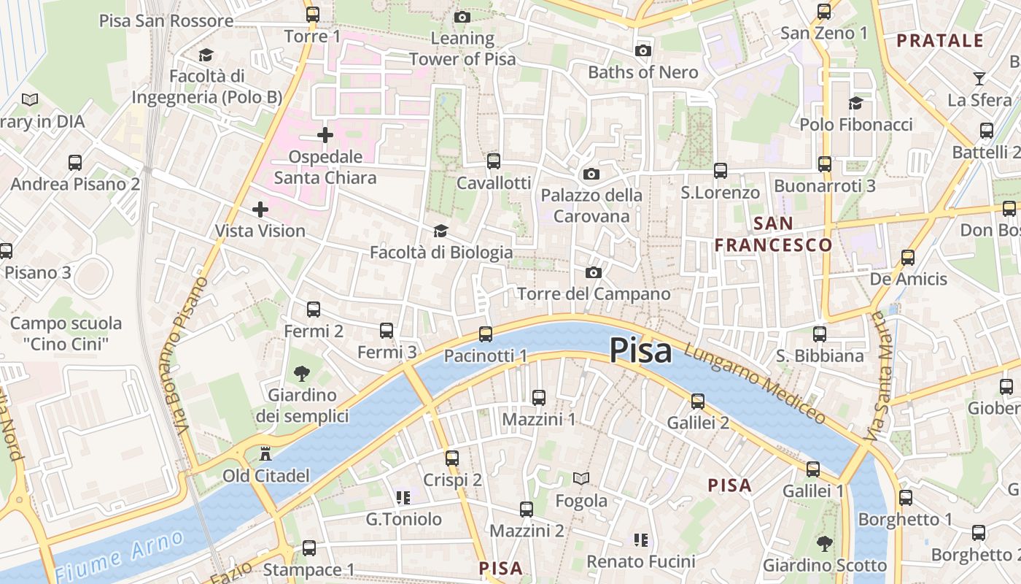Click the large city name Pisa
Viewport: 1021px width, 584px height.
(x=640, y=350)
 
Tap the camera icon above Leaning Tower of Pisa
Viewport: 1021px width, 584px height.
(x=462, y=17)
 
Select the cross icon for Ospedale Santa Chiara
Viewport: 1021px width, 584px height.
(x=325, y=135)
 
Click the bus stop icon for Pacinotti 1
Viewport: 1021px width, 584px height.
(x=486, y=334)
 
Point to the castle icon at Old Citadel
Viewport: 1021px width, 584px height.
(x=265, y=454)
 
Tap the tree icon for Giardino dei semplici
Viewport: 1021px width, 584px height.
(x=301, y=374)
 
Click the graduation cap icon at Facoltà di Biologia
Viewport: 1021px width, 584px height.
(x=440, y=231)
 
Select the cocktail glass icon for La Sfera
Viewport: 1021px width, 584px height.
(x=979, y=78)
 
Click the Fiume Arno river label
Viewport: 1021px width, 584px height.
(x=120, y=556)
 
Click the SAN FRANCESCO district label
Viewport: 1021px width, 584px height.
(x=773, y=234)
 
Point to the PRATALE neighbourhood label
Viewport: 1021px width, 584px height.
(x=940, y=41)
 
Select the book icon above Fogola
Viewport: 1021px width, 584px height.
(x=581, y=479)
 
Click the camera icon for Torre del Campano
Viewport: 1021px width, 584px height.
(x=594, y=272)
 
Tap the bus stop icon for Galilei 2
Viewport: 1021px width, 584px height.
(x=698, y=401)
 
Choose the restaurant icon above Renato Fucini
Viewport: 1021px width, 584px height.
(x=640, y=539)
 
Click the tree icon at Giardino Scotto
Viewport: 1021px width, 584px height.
(x=825, y=543)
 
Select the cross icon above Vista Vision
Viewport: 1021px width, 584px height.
(x=260, y=210)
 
